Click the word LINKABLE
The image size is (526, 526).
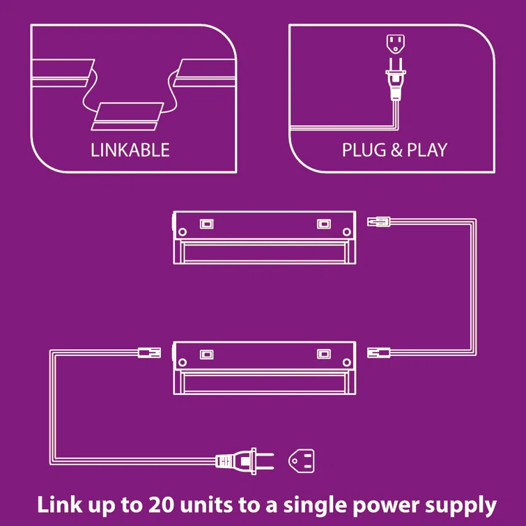pyautogui.click(x=130, y=150)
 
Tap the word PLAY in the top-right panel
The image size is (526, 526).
pyautogui.click(x=426, y=150)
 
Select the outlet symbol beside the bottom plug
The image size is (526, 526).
pyautogui.click(x=302, y=460)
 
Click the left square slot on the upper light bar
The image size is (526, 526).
pyautogui.click(x=206, y=224)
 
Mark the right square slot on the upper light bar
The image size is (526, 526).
pyautogui.click(x=323, y=224)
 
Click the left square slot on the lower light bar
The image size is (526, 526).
pyautogui.click(x=206, y=353)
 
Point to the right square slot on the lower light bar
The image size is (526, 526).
pyautogui.click(x=323, y=353)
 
